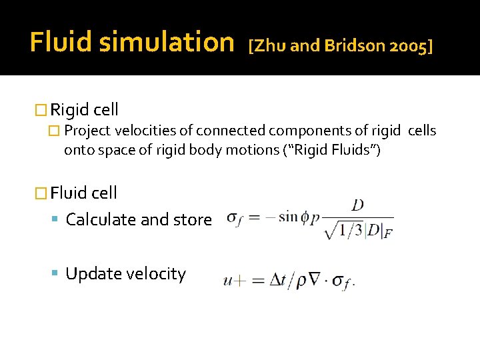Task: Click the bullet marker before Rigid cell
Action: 41,110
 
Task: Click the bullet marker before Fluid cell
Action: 41,193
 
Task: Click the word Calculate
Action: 99,219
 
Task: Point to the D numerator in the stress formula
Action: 357,205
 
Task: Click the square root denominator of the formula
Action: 357,230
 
